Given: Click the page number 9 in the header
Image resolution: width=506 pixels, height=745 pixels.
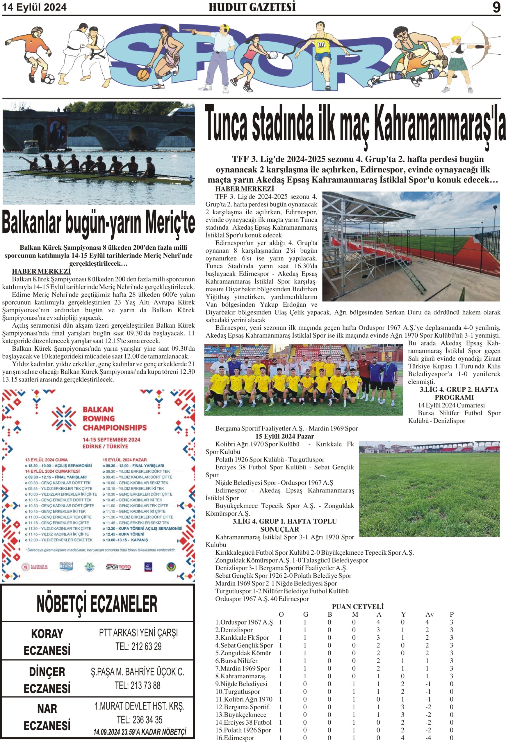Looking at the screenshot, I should click(496, 7).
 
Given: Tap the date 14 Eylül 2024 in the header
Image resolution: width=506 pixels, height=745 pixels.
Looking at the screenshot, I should click(35, 7).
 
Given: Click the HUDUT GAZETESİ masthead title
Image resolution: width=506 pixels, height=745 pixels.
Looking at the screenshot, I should click(252, 7).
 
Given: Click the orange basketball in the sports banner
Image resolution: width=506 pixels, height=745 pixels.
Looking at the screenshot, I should click(143, 75).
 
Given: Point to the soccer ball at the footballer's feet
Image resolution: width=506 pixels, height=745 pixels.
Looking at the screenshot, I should click(49, 79).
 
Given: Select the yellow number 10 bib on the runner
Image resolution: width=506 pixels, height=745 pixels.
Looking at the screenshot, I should click(321, 45).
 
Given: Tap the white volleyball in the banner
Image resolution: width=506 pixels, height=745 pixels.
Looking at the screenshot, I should click(273, 55).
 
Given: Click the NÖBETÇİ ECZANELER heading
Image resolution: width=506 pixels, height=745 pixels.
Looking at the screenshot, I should click(97, 604).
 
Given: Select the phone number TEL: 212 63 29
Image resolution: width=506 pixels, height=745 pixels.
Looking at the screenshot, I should click(138, 646).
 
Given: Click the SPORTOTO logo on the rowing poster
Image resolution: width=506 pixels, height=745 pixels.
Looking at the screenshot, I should click(118, 567).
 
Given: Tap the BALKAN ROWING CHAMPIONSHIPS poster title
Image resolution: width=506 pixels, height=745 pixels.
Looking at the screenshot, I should click(114, 418).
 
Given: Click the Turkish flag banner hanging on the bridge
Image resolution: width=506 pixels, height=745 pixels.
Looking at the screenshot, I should click(57, 132).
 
